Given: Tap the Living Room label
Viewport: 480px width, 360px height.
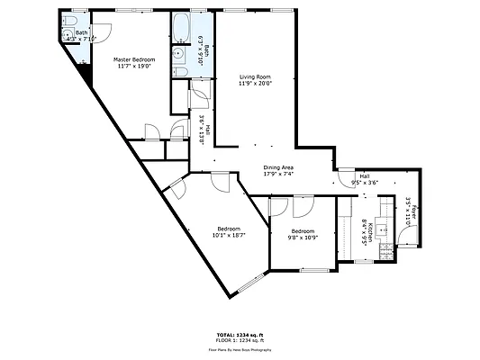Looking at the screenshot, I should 255,77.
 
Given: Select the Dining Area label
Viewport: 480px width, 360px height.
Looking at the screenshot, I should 278,167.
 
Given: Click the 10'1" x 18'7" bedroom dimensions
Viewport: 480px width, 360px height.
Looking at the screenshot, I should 228,236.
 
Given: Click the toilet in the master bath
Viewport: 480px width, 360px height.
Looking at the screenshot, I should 68,36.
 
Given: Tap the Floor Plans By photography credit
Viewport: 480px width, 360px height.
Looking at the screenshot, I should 240,348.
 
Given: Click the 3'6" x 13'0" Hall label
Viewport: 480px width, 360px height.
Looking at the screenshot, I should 204,130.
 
